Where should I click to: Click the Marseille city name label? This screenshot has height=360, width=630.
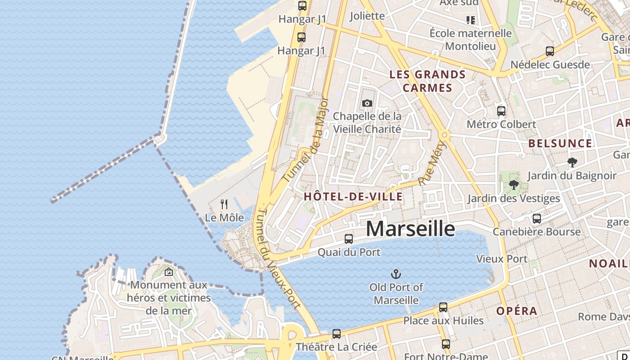click(410, 229)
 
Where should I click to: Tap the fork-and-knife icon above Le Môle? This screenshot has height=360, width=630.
click(224, 204)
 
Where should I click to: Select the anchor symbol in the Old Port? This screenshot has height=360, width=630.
click(396, 274)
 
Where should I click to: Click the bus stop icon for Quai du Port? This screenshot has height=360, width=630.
click(349, 239)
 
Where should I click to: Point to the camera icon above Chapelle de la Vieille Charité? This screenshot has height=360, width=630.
click(367, 103)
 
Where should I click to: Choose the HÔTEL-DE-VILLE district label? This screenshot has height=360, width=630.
click(353, 196)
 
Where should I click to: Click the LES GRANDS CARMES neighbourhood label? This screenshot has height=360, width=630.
click(427, 81)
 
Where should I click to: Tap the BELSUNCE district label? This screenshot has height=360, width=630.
click(560, 144)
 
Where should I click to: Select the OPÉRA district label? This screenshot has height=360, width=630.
click(517, 311)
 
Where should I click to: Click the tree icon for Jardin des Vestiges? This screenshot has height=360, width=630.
click(513, 184)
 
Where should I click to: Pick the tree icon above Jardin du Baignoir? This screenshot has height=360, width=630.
click(572, 162)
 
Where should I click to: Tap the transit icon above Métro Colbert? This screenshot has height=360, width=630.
click(501, 111)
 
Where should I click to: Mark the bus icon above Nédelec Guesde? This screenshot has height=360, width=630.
click(549, 51)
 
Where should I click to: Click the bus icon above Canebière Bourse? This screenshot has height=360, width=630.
click(536, 219)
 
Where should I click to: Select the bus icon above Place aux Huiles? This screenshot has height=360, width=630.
click(443, 307)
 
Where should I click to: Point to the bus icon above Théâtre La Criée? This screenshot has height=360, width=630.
click(336, 334)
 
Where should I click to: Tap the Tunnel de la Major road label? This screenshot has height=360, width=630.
click(306, 139)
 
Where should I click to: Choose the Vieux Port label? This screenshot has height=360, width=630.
click(501, 259)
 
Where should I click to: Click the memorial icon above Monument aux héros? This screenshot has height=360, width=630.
click(169, 272)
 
